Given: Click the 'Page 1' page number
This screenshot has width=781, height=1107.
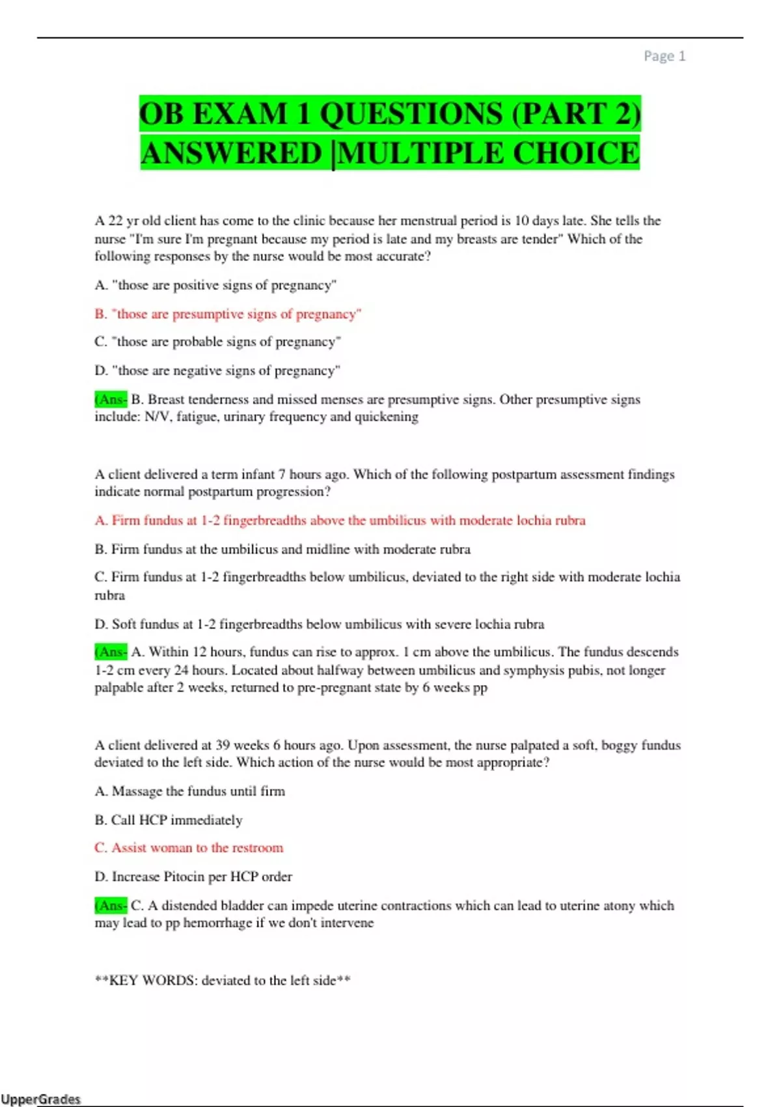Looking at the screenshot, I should (x=664, y=56).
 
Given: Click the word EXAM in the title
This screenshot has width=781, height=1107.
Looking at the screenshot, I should (x=240, y=114).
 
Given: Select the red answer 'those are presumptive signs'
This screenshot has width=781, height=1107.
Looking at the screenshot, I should (x=228, y=314).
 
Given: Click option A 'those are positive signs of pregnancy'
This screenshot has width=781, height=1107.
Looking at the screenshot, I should (x=215, y=285).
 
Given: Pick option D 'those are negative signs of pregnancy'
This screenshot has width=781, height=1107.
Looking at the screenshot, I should (x=217, y=371).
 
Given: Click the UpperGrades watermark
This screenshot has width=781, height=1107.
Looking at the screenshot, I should (x=40, y=1099).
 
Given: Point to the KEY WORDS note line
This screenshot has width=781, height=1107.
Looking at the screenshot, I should (x=223, y=980).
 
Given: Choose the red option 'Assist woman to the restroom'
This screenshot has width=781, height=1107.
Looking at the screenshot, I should (x=189, y=848).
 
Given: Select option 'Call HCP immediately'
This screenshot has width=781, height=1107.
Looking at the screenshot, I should (x=169, y=820).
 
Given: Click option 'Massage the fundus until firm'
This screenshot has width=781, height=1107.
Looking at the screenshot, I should (x=189, y=791).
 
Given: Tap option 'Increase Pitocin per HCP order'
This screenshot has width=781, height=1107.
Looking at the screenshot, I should (x=193, y=876).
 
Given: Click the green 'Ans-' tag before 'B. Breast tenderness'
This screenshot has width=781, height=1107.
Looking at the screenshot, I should (x=111, y=399).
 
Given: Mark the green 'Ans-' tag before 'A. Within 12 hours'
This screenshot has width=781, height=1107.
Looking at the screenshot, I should (x=111, y=652).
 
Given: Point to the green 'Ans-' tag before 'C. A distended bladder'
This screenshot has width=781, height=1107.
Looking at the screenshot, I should (x=111, y=905).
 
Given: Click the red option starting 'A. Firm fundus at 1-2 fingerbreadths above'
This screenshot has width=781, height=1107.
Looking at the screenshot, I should (x=340, y=520).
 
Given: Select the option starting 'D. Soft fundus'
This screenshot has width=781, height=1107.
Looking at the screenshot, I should (x=319, y=624).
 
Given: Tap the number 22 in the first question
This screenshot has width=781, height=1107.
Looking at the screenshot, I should (x=115, y=221).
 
